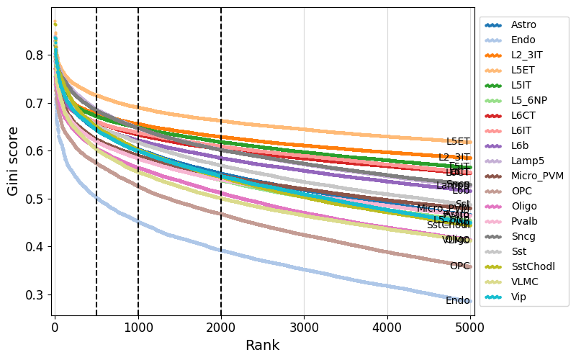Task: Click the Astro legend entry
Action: (x=523, y=24)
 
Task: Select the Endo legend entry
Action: (x=523, y=40)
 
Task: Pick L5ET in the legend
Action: (x=523, y=70)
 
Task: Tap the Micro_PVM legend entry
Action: (x=538, y=176)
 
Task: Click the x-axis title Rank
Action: (x=262, y=346)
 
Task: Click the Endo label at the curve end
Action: (x=458, y=301)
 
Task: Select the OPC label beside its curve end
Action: (x=459, y=266)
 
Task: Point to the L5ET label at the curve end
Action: (x=458, y=142)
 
